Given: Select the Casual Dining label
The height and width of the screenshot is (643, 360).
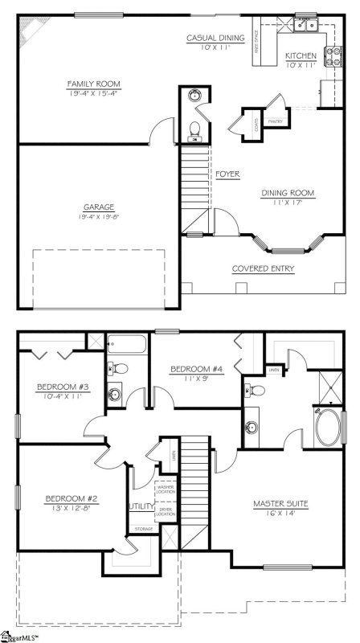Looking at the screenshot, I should (215, 38).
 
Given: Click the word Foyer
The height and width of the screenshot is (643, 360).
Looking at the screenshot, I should (228, 174).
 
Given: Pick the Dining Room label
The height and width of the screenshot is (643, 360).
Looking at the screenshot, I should (288, 193).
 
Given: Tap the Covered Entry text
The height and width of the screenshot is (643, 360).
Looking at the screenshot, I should (263, 268).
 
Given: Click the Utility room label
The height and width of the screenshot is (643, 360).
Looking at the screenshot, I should (140, 507).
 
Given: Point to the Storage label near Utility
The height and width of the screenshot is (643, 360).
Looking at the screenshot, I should (144, 529).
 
